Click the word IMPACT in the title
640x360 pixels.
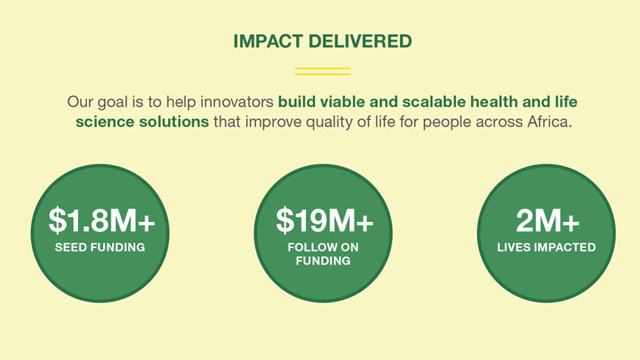pyautogui.click(x=268, y=41)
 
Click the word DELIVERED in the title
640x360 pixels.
pyautogui.click(x=360, y=41)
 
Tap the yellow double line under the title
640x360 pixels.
pyautogui.click(x=323, y=71)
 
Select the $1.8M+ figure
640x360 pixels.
pyautogui.click(x=101, y=221)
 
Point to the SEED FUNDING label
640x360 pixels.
pyautogui.click(x=100, y=247)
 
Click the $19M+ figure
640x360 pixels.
pyautogui.click(x=324, y=221)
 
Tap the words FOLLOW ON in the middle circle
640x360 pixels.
pyautogui.click(x=323, y=247)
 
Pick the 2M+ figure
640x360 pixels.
pyautogui.click(x=548, y=221)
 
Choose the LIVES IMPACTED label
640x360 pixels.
pyautogui.click(x=547, y=247)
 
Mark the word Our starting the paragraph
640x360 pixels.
pyautogui.click(x=80, y=102)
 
